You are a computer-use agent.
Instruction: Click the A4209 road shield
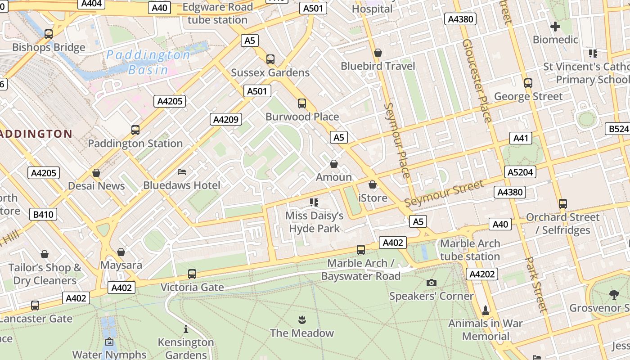point(226,119)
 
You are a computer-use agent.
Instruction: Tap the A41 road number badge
point(520,138)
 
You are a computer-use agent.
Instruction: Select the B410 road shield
point(44,214)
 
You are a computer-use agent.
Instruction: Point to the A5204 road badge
point(520,172)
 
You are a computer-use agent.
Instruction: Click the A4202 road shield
point(482,274)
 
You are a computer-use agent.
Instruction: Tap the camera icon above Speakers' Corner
point(432,283)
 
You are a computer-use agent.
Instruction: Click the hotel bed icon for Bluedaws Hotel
point(182,172)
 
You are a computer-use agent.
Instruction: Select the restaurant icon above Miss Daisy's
point(314,202)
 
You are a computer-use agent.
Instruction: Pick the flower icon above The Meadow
point(301,320)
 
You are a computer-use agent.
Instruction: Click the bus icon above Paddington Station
point(135,130)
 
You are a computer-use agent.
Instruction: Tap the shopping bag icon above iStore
point(372,184)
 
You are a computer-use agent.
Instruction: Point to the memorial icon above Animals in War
point(485,310)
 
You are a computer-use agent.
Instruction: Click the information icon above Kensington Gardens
point(185,329)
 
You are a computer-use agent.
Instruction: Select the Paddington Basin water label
point(148,62)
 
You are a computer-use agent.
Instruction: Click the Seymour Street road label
point(444,193)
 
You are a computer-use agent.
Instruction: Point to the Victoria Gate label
point(192,287)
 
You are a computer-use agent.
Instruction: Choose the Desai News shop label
point(96,186)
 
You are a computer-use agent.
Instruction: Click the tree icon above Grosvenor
point(614,295)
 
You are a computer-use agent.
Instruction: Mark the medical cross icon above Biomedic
point(555,27)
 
